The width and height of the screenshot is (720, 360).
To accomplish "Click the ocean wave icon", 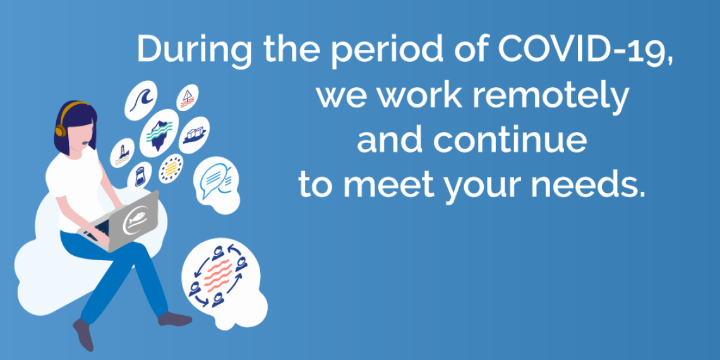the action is coord(141,99).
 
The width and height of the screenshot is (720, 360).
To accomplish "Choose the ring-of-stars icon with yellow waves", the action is coord(171,169).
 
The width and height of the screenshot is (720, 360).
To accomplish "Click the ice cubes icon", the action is coord(195,135).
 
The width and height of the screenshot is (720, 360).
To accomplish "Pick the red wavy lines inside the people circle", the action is coord(219,275).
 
